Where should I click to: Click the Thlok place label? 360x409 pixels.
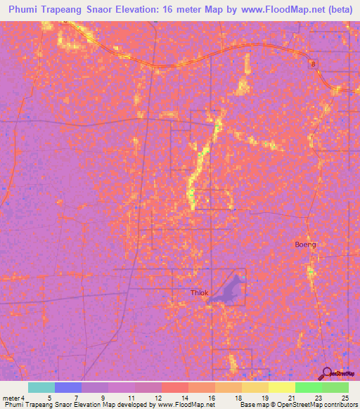(200, 293)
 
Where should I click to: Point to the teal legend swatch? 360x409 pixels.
(41, 387)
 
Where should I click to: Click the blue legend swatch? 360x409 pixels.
(68, 387)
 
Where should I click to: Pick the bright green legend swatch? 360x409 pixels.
(308, 387)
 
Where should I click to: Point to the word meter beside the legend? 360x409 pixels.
(10, 398)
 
